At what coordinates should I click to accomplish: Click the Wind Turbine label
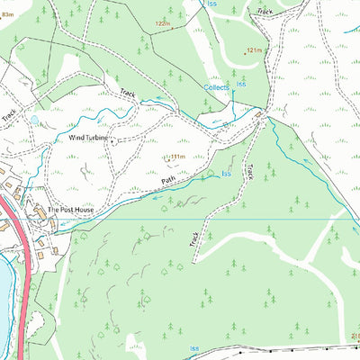88,138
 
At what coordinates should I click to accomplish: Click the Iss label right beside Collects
241,85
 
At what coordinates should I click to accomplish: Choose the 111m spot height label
176,157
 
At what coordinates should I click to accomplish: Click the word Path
167,180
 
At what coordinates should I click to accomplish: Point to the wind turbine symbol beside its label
113,139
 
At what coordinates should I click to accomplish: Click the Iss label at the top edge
212,4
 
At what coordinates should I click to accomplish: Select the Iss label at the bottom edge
193,347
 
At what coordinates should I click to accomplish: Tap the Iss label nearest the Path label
227,173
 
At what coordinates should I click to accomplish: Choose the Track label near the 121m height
264,12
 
